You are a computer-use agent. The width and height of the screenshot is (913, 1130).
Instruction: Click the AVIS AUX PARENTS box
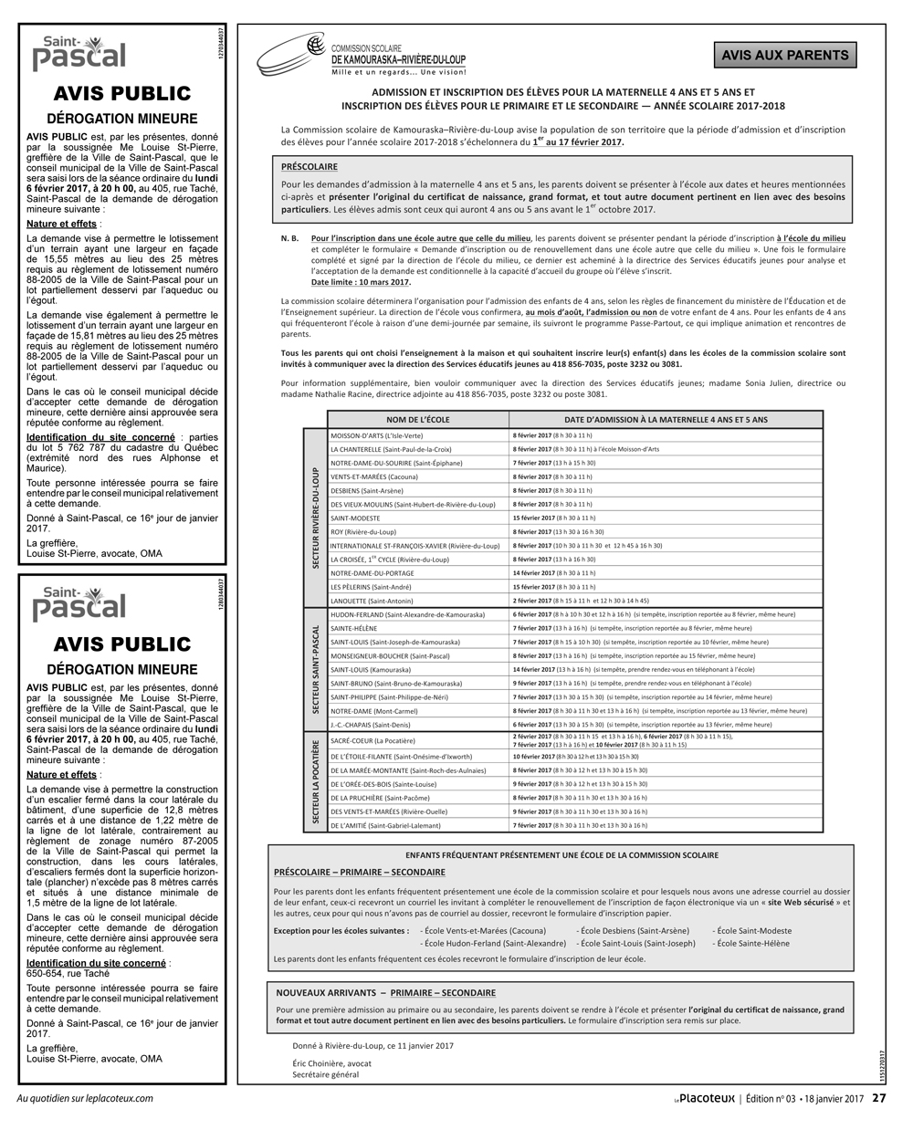tap(784, 56)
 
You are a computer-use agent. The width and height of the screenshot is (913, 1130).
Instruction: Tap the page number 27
tap(878, 1099)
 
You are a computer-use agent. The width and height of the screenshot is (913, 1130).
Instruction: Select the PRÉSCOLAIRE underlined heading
tap(310, 167)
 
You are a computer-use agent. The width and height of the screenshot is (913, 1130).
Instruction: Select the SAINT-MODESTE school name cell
tap(354, 518)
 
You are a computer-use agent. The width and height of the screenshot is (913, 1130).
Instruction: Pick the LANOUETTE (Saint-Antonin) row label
tap(372, 601)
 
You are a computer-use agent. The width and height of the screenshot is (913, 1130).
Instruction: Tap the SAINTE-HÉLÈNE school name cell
tap(353, 628)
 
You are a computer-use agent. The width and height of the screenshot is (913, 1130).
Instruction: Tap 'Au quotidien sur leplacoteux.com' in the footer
tap(86, 1098)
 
